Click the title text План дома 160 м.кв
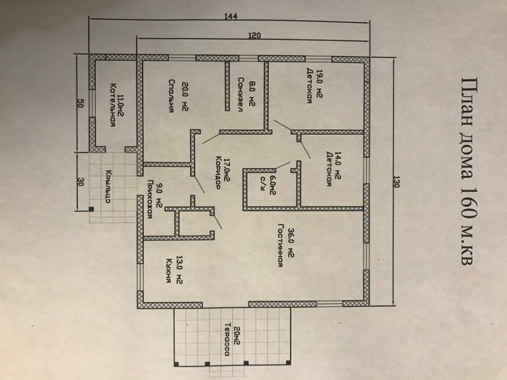tap(467, 171)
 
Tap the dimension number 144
tap(231, 17)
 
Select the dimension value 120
tap(254, 36)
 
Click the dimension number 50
tap(80, 104)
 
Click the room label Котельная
tap(113, 105)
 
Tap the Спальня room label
tap(172, 95)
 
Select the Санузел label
tap(240, 94)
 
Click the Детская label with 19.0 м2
tap(309, 85)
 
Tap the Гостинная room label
tap(280, 245)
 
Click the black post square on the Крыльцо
tap(92, 209)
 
